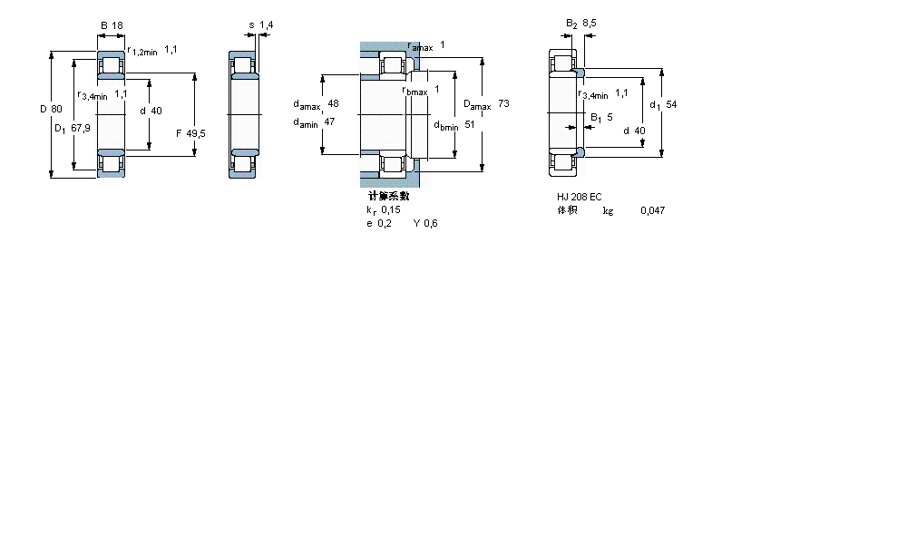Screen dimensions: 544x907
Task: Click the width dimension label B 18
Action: (x=112, y=25)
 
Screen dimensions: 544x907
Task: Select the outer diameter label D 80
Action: (x=51, y=110)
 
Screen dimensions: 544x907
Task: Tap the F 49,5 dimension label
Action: (x=190, y=133)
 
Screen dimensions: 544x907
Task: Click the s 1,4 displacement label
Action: (x=260, y=25)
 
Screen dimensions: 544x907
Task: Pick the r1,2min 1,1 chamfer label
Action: (x=151, y=51)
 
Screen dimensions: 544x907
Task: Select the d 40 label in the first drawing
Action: (x=151, y=111)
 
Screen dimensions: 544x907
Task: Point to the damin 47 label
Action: (x=315, y=122)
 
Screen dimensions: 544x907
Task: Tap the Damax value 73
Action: (x=503, y=104)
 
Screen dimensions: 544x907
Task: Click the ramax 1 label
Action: (x=426, y=45)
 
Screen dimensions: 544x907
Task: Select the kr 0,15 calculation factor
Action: (x=384, y=209)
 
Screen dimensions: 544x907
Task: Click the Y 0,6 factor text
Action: (x=425, y=224)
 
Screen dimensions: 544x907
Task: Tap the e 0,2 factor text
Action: (x=379, y=224)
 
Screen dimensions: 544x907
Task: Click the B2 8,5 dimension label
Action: (x=580, y=24)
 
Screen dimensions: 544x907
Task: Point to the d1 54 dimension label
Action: (x=663, y=104)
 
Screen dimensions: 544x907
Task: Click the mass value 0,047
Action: (x=651, y=210)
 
